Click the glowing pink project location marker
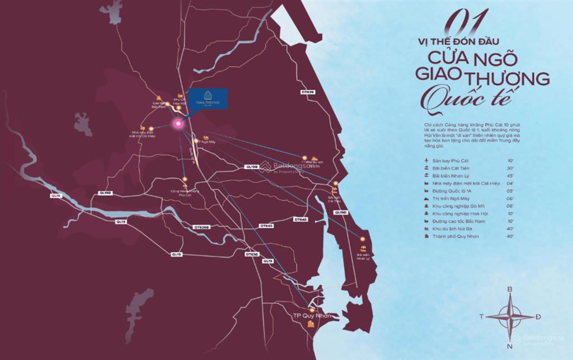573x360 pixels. (178, 124)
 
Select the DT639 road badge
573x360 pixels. (307, 92)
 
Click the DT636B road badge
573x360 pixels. (202, 227)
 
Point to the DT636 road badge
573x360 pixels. (252, 254)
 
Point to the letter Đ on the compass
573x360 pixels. (538, 317)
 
